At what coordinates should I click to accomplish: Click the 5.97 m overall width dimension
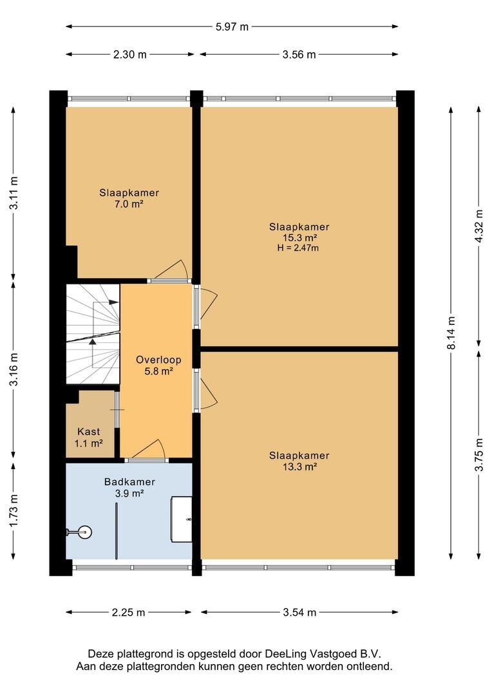click(x=232, y=26)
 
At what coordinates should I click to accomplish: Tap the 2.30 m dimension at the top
click(x=130, y=55)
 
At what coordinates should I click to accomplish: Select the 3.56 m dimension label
click(x=299, y=55)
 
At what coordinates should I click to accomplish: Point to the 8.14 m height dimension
click(x=451, y=333)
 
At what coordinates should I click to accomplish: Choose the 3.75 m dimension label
click(x=478, y=455)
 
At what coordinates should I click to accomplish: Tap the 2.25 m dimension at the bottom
click(x=128, y=613)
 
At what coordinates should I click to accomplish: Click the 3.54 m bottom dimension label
click(x=299, y=613)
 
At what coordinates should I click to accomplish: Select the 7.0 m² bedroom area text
click(x=129, y=205)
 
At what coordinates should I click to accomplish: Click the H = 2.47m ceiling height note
click(x=298, y=248)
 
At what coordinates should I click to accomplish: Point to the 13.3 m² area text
click(x=299, y=467)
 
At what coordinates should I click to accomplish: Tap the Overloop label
click(x=158, y=360)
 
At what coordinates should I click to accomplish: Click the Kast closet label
click(x=89, y=431)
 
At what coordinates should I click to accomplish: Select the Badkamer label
click(x=129, y=482)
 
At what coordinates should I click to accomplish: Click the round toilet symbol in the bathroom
click(x=84, y=532)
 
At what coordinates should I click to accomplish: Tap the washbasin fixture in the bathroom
click(x=182, y=519)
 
